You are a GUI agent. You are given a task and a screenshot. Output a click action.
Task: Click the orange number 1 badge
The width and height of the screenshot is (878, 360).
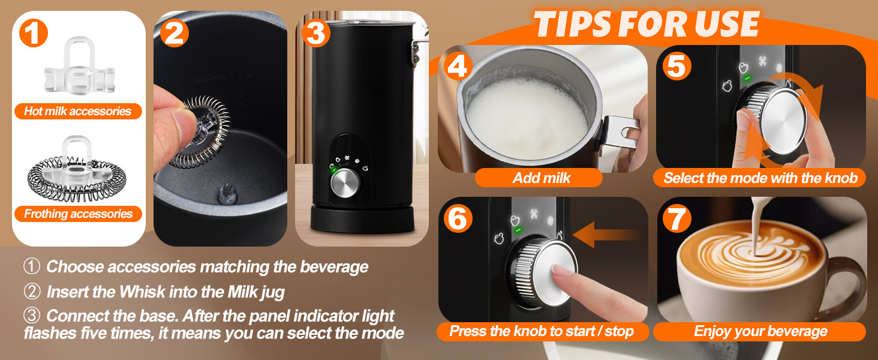(x=34, y=34)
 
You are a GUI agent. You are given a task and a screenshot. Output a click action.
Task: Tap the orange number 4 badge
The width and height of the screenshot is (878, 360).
(x=457, y=67)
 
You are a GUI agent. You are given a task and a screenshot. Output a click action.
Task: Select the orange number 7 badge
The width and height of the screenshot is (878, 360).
(x=676, y=219)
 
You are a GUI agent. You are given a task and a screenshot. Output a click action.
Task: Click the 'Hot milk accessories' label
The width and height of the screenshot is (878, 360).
(x=77, y=111)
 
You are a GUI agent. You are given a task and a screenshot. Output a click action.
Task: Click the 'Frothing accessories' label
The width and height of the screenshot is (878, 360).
(x=78, y=214)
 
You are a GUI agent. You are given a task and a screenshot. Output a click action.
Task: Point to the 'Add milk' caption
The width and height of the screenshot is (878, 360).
(x=541, y=178)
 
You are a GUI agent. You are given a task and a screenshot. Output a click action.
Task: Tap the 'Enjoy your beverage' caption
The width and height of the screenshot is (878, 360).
(x=760, y=331)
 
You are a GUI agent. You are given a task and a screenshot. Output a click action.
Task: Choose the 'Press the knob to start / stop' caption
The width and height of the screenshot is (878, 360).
(x=541, y=331)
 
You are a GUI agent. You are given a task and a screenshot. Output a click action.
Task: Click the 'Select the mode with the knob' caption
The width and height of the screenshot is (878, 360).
(x=760, y=178)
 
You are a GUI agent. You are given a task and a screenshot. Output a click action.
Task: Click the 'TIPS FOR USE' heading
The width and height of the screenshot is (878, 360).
(x=647, y=24)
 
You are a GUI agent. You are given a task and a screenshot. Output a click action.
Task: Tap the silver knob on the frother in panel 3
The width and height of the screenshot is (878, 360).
(x=344, y=183)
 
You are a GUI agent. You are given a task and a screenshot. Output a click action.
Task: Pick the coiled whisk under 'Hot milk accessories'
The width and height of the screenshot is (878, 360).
(x=77, y=174)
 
